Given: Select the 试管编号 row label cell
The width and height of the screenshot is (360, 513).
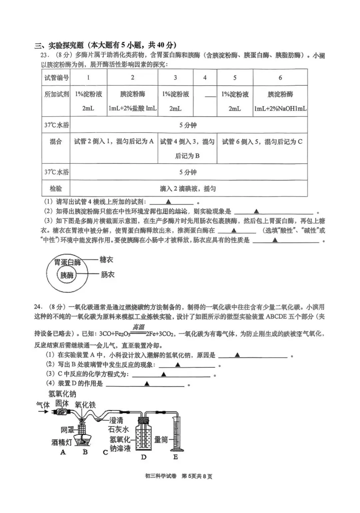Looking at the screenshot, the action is tap(56, 78).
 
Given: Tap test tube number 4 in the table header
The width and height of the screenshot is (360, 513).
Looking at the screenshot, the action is tap(205, 78).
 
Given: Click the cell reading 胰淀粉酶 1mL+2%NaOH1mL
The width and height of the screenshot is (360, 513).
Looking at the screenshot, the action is tap(280, 101).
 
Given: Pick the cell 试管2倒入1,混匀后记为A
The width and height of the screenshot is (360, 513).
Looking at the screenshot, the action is tap(114, 142).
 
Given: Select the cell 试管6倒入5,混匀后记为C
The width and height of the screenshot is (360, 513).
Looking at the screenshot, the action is tap(262, 142).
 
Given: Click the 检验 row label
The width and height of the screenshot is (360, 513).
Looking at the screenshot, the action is tap(56, 189).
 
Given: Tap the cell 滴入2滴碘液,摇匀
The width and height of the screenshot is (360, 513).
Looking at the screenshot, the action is tap(188, 189).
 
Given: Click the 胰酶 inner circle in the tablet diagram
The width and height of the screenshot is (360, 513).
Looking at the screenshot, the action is tap(67, 275).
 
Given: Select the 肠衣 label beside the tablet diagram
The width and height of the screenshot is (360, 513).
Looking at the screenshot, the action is tap(107, 275).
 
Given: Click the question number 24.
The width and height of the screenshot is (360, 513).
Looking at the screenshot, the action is tap(38, 307).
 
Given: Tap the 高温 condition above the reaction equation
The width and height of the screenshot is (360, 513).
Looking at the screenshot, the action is tap(138, 327).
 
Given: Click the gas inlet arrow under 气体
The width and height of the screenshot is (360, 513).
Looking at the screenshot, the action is tap(42, 412).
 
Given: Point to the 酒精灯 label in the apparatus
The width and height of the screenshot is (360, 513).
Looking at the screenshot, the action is tap(62, 442).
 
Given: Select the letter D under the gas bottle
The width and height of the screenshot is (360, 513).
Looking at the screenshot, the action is tap(143, 457).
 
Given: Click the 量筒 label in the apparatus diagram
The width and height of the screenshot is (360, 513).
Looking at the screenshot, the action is tap(161, 440).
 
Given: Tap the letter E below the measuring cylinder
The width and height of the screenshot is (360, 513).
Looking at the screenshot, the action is tap(175, 457).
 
